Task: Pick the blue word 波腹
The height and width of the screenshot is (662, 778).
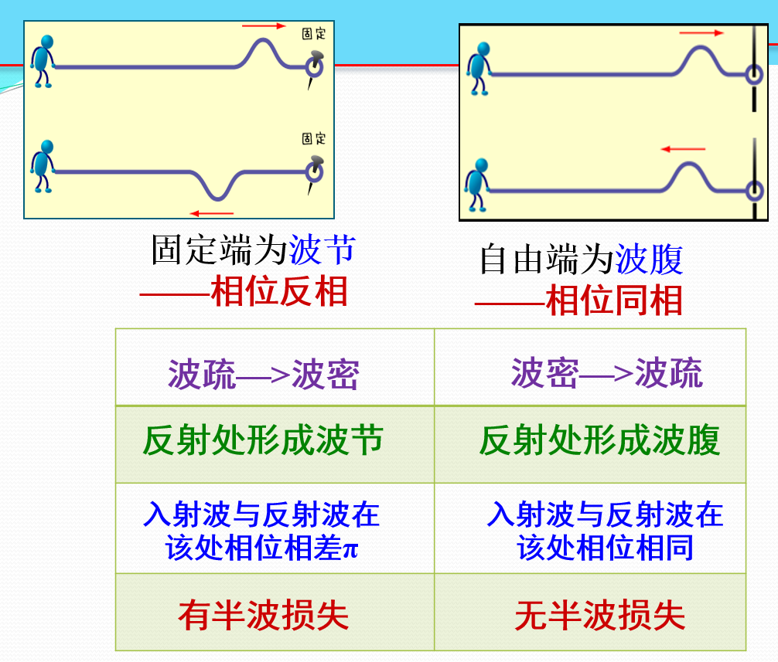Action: pyautogui.click(x=649, y=260)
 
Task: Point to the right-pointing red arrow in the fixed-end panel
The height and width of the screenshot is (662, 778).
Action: pyautogui.click(x=264, y=26)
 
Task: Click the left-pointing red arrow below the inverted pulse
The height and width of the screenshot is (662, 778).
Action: pyautogui.click(x=212, y=212)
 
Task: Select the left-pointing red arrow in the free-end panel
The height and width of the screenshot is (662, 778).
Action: pyautogui.click(x=683, y=148)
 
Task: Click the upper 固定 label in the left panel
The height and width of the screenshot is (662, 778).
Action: pyautogui.click(x=313, y=34)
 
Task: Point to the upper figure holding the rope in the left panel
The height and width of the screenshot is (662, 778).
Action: pyautogui.click(x=43, y=60)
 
